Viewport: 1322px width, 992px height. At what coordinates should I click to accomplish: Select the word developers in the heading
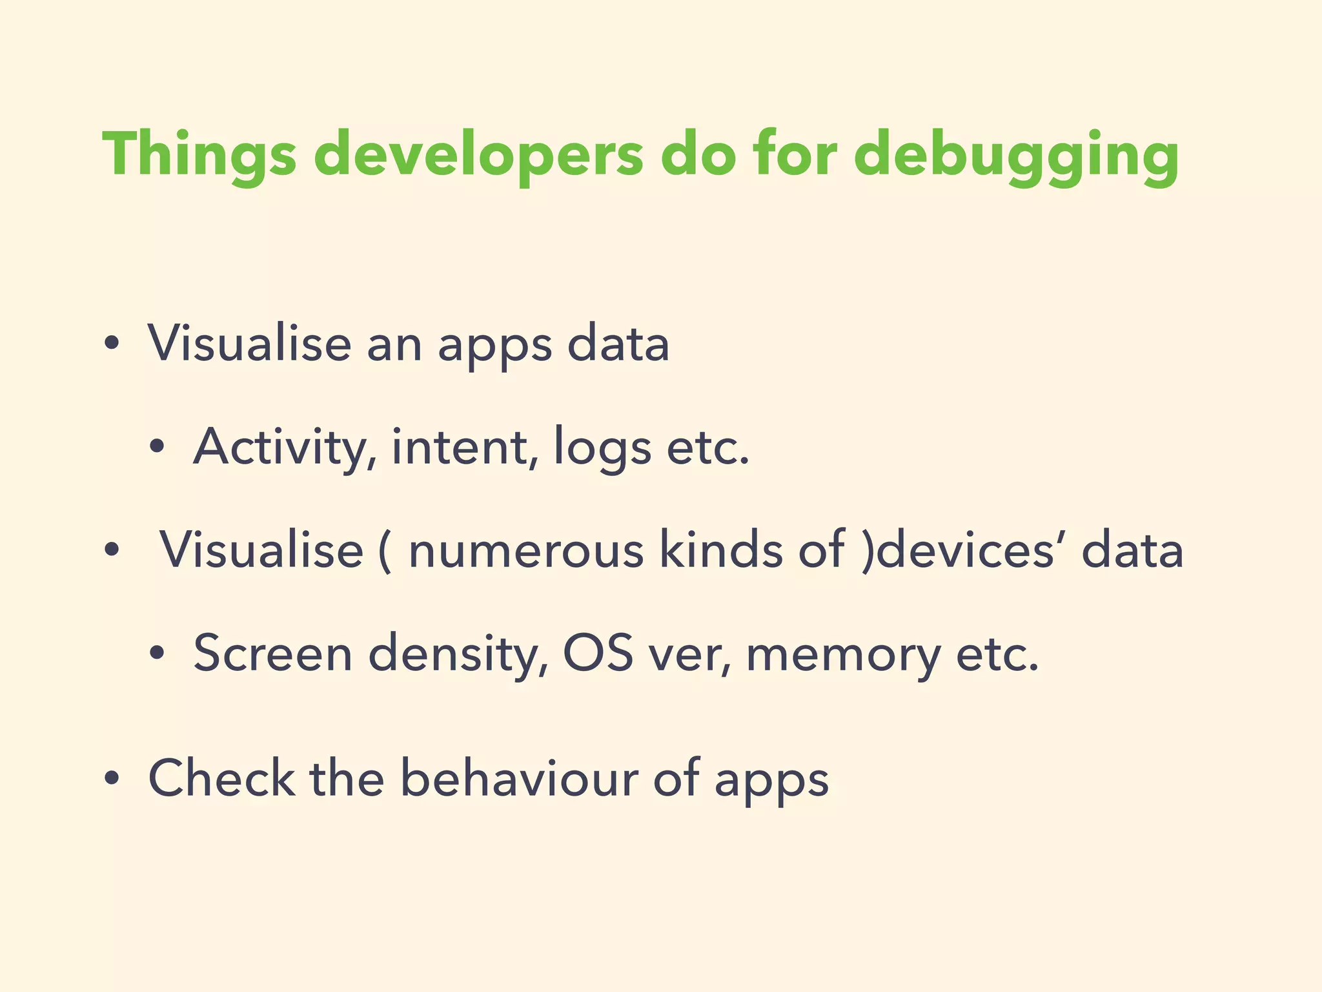coord(478,155)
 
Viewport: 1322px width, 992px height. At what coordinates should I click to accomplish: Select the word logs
coord(602,448)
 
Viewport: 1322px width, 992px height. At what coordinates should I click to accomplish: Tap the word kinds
coord(720,550)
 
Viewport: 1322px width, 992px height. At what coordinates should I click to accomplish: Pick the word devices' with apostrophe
coord(971,550)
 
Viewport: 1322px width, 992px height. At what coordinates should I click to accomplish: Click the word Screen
coord(272,654)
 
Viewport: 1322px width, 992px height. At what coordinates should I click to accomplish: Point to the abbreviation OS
coord(598,654)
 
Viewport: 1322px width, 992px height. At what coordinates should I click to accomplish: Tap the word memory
coord(843,654)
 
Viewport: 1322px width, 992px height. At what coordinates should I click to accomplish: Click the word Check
coord(221,778)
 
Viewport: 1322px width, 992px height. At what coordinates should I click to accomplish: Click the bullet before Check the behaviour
coord(112,780)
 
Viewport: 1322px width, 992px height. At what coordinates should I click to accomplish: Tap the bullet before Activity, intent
coord(156,446)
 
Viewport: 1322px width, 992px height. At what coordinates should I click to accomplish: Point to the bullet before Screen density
coord(156,654)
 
